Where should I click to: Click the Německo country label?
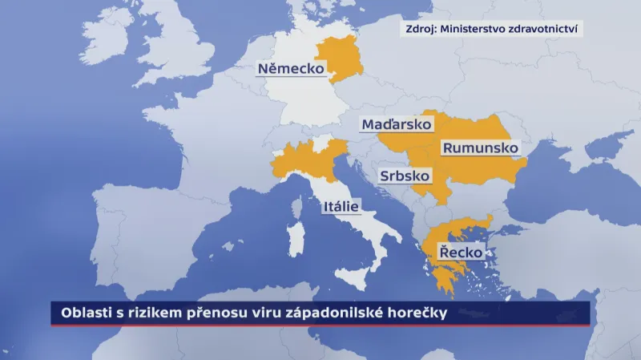pyautogui.click(x=290, y=69)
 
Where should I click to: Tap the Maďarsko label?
pyautogui.click(x=396, y=124)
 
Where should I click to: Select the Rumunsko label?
pyautogui.click(x=480, y=148)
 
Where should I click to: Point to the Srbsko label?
pyautogui.click(x=405, y=176)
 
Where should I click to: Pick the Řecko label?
pyautogui.click(x=461, y=253)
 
